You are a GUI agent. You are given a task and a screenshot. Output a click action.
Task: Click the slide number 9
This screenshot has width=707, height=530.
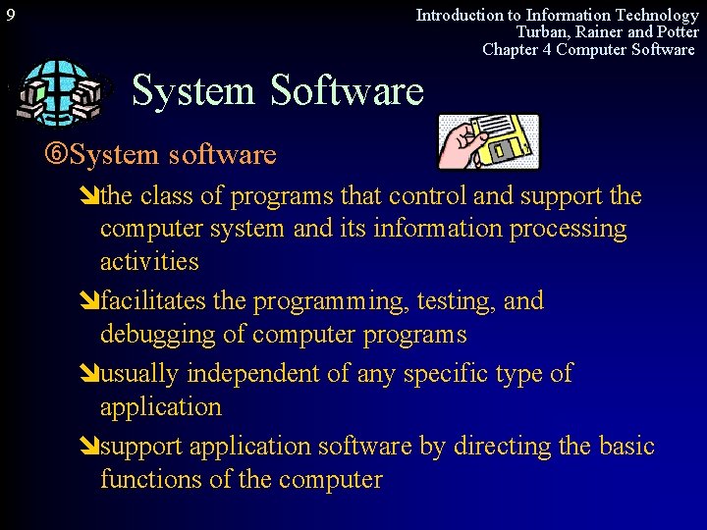click(10, 16)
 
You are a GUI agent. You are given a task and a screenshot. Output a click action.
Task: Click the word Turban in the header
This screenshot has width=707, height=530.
click(543, 32)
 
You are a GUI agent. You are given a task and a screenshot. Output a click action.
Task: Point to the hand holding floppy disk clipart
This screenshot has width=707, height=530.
click(489, 141)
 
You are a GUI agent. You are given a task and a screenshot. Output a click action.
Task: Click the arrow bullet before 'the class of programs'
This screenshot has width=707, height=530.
click(90, 196)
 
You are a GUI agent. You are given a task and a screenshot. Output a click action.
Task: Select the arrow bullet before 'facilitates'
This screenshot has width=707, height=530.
click(90, 301)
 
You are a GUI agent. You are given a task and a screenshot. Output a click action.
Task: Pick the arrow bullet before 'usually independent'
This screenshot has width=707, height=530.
click(90, 374)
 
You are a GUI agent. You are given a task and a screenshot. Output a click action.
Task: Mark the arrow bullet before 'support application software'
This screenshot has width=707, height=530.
click(90, 447)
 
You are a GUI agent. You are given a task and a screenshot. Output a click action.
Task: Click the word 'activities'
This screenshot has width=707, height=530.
click(149, 262)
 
